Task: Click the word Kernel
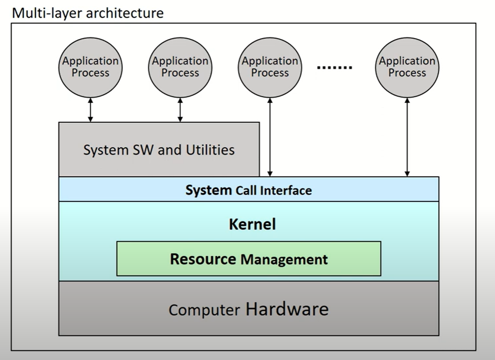252,224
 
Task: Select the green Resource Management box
249,259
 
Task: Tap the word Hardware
287,309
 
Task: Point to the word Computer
204,310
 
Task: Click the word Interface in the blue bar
286,190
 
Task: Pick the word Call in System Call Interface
246,190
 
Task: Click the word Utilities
210,150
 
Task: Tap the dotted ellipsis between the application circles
335,67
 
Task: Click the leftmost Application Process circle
90,67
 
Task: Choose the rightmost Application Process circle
407,67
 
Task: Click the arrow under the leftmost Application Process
90,110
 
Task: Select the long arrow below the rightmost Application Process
407,137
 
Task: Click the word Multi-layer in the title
47,13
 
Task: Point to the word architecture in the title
125,13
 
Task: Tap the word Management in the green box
284,259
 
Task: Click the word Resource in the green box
203,259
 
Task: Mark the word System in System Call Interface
208,190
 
